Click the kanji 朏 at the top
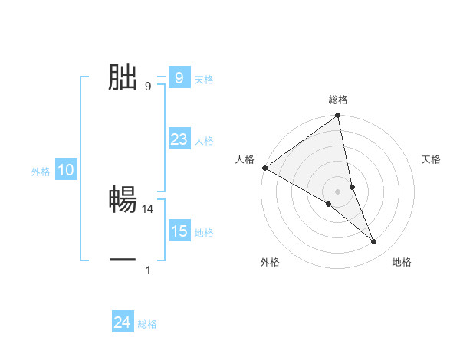point(123,78)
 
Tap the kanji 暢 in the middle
point(123,201)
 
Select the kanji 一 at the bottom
point(123,260)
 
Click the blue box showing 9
point(179,78)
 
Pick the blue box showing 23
point(179,139)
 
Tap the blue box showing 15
point(179,231)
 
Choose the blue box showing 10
point(66,171)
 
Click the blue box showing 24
point(123,322)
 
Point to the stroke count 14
point(149,208)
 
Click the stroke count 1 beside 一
point(148,270)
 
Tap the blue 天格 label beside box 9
point(204,80)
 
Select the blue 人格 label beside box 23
point(204,141)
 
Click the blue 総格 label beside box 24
point(147,324)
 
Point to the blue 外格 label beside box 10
point(41,172)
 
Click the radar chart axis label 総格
point(338,100)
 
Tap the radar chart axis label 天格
point(432,159)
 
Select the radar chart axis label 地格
point(402,263)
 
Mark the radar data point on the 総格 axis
point(337,116)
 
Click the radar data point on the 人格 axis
point(264,168)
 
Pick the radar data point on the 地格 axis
point(374,241)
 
